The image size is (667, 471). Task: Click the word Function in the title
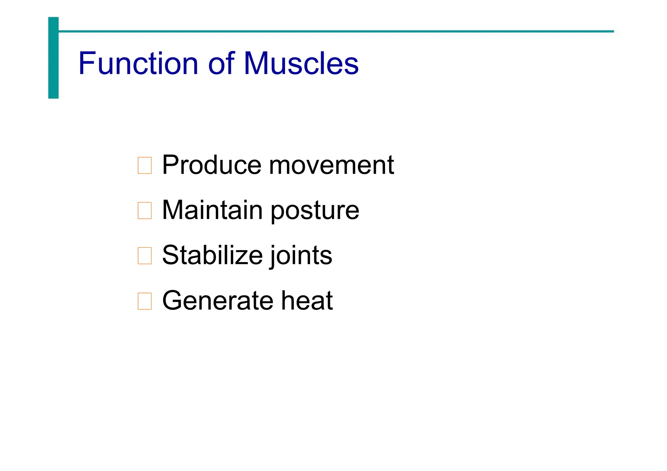[x=138, y=63]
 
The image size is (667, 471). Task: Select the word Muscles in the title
[x=301, y=63]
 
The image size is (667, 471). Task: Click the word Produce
[x=212, y=165]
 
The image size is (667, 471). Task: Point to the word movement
[x=331, y=165]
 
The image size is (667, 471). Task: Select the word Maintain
[x=212, y=210]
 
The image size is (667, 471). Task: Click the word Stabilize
[x=212, y=255]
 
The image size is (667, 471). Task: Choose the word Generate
[x=218, y=300]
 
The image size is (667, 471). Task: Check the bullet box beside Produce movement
[x=145, y=165]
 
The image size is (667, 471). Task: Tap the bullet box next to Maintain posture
[x=145, y=211]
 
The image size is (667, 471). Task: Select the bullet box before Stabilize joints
[x=145, y=256]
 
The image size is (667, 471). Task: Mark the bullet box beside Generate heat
[x=145, y=301]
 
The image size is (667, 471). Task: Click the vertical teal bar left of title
[x=53, y=58]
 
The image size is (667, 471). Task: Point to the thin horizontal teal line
[x=335, y=32]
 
